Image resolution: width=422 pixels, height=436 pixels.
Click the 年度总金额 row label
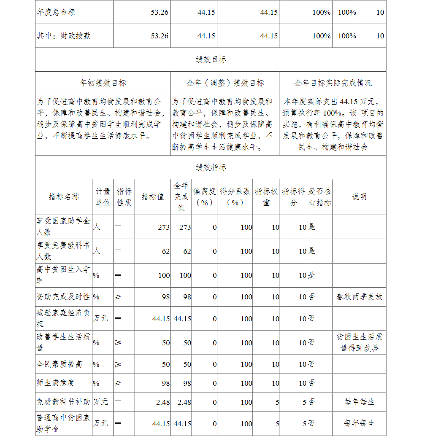56,12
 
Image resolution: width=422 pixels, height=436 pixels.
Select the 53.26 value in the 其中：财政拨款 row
160,36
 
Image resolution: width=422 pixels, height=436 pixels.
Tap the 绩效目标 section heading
211,59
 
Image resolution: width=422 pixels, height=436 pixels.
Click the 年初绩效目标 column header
103,83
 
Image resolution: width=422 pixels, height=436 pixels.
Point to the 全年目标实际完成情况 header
333,83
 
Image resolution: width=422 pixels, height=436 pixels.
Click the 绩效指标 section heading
211,167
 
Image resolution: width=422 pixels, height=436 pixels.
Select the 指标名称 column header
64,197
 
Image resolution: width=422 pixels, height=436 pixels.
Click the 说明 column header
359,197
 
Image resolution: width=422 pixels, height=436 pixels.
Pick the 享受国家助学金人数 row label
63,227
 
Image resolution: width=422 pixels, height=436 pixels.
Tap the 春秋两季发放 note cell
359,297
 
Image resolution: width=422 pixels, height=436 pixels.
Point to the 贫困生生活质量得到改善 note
359,342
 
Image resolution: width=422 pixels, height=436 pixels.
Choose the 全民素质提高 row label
59,364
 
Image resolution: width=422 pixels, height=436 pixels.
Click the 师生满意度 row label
55,383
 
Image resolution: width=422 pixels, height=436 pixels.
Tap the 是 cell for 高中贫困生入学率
311,275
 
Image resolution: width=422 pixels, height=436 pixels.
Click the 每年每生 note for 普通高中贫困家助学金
359,423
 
